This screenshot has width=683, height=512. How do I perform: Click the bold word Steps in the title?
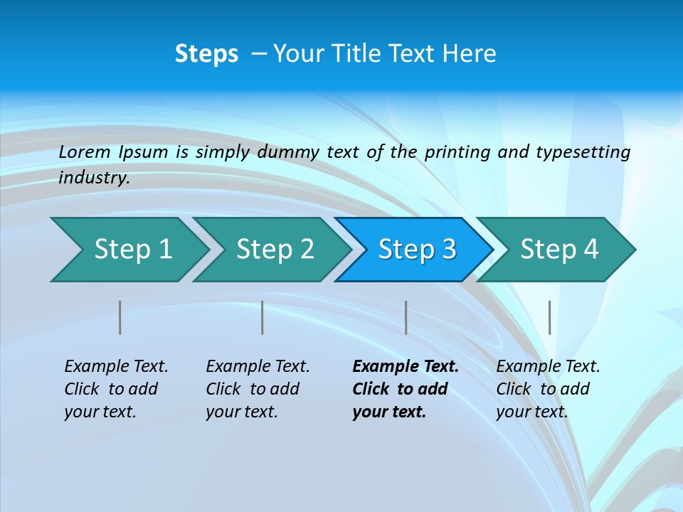point(206,54)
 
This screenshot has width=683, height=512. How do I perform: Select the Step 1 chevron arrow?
point(132,250)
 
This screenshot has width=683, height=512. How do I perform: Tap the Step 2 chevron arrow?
point(275,250)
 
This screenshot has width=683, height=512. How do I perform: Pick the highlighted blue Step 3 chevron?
point(417,250)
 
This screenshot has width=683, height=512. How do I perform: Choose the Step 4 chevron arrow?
point(559,250)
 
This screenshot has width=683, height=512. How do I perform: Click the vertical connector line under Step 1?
point(120,317)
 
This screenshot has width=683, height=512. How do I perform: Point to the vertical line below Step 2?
point(263,317)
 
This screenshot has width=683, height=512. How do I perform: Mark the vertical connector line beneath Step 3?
point(406,317)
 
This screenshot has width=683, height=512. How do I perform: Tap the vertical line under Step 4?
point(549,317)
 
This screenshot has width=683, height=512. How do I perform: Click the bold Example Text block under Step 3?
point(405,389)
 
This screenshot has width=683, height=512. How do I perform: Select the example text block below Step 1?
point(116,389)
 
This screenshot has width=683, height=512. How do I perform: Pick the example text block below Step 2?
point(258,389)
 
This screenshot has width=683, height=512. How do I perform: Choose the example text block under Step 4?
point(548,389)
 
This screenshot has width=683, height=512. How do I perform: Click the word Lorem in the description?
point(85,152)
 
